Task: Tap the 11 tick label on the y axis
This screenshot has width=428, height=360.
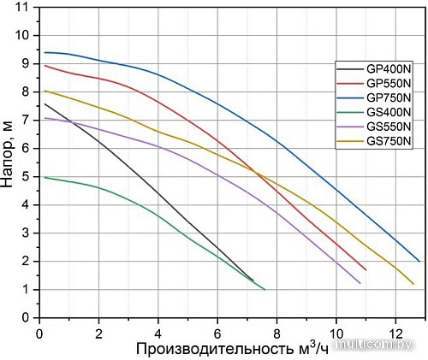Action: [x=23, y=8]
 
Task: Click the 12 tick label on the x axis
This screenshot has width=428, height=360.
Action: [x=395, y=331]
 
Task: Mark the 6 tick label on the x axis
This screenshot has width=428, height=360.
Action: [x=217, y=331]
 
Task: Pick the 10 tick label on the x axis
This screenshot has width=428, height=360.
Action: [x=336, y=331]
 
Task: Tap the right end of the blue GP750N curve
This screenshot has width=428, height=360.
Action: [x=419, y=261]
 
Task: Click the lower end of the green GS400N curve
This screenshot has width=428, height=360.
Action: [x=265, y=290]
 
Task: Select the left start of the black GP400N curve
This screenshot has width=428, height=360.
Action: [x=45, y=104]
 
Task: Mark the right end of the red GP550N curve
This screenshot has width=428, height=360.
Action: [x=366, y=269]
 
